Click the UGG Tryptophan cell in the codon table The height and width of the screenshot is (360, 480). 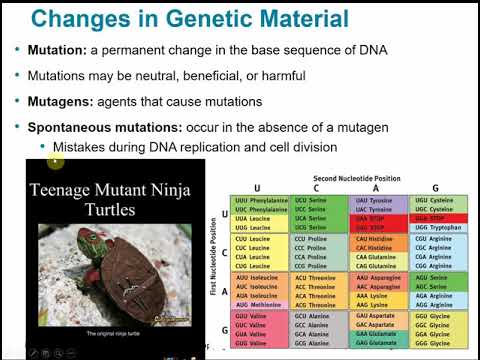[438, 228]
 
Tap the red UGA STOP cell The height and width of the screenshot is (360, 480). [438, 218]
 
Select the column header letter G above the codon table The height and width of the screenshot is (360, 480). [436, 187]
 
